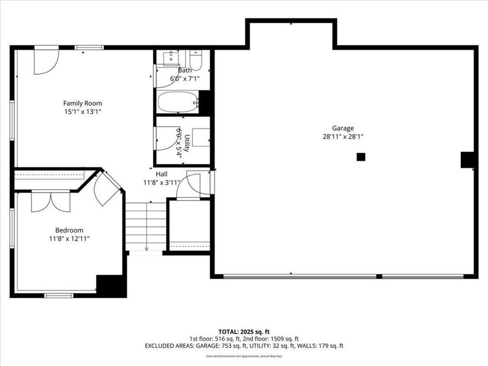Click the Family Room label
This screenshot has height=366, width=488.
tap(82, 103)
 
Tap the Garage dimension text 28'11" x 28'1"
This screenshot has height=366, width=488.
tap(342, 137)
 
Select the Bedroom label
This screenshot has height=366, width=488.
tap(69, 230)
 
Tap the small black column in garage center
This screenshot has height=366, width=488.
tap(361, 157)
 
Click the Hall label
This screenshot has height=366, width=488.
tap(162, 174)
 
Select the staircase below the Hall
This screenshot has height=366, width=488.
tap(146, 227)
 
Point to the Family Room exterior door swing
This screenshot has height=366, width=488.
tap(46, 61)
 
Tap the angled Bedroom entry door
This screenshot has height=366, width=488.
tap(105, 188)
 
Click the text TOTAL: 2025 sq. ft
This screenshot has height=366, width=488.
tap(243, 331)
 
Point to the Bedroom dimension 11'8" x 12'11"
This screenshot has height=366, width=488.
tap(69, 238)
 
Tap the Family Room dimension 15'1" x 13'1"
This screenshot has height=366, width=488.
tap(82, 111)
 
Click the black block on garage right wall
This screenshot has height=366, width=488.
tap(467, 160)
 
